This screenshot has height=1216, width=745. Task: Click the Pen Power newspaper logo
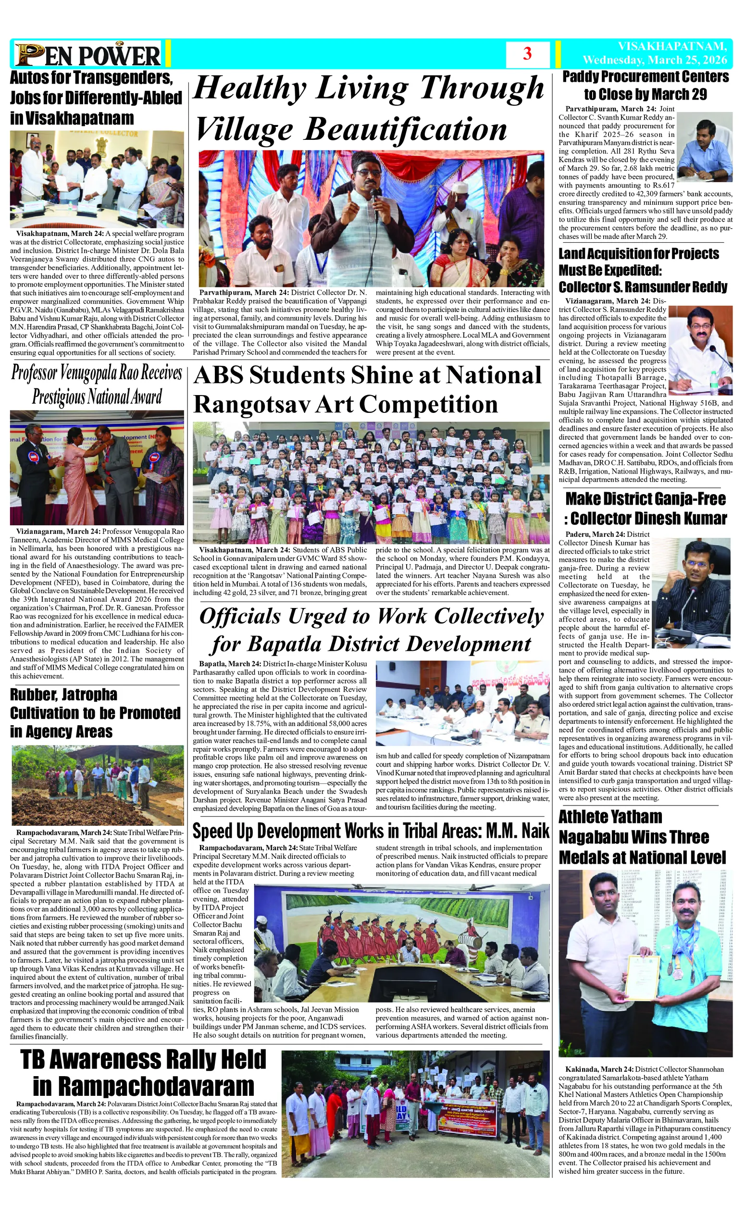coord(88,55)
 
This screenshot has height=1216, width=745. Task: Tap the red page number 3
coord(527,54)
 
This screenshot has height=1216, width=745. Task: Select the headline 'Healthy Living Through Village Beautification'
coord(369,108)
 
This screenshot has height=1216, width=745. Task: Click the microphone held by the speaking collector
coord(374,198)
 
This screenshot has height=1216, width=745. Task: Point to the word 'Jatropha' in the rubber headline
coord(89,695)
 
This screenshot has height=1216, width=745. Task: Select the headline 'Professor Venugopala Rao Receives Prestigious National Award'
coord(97,385)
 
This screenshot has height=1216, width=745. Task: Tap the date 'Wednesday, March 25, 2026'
coord(655,60)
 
